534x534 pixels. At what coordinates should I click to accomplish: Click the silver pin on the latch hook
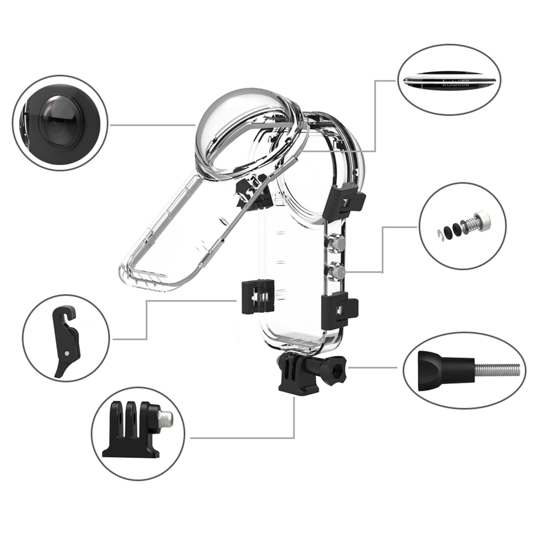tap(68, 352)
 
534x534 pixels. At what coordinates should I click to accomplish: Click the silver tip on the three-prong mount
tap(166, 418)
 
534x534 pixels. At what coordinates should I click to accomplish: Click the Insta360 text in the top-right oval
tap(456, 83)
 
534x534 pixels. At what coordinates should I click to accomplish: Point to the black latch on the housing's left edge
tap(257, 296)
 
